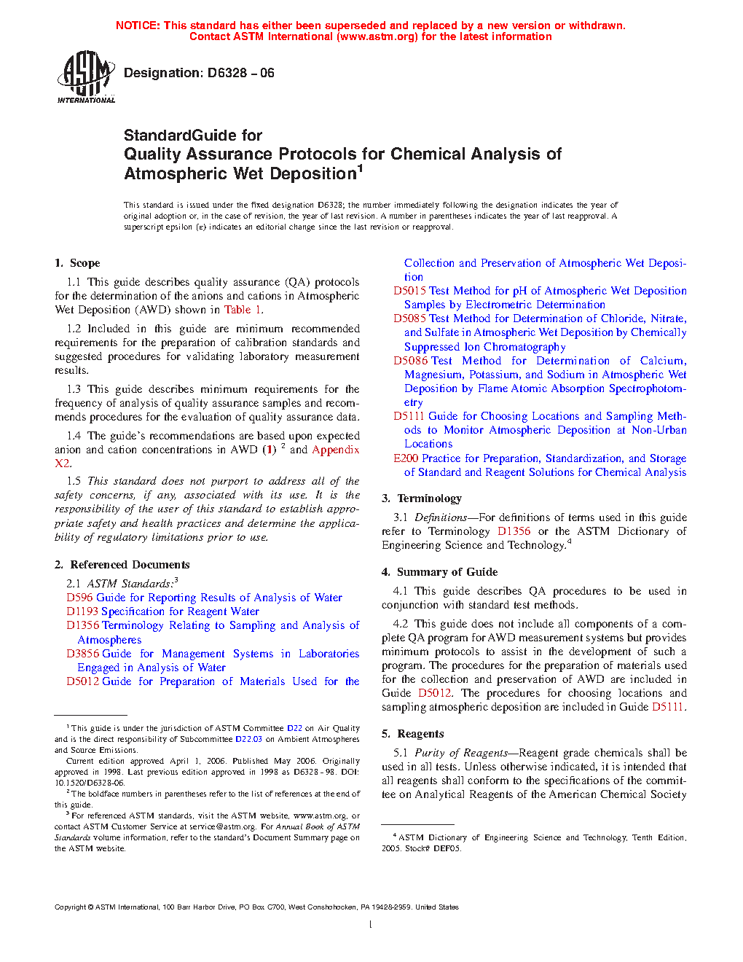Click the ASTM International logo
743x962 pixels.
point(86,77)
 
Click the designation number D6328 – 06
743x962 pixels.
point(240,73)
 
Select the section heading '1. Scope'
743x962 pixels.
point(77,263)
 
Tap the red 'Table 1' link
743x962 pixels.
point(243,310)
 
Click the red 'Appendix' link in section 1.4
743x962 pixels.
point(335,450)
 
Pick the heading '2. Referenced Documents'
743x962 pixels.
point(122,565)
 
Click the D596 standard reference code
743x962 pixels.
point(79,598)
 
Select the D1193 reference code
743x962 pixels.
point(82,611)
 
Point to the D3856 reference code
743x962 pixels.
point(82,654)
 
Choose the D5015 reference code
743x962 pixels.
point(409,291)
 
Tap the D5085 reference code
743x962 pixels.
point(409,318)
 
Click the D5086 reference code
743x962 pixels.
point(409,361)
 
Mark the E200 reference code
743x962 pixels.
point(406,458)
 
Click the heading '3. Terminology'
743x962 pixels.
point(422,498)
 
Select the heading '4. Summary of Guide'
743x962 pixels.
point(439,572)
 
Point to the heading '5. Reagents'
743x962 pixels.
point(412,734)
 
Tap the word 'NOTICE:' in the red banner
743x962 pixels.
point(138,26)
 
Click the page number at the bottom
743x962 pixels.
point(371,925)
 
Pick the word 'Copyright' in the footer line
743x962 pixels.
point(70,907)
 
